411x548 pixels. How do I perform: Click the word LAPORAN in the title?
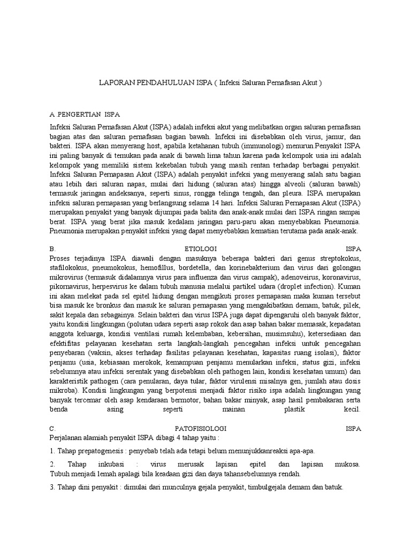pos(116,83)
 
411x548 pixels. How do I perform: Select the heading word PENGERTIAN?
pos(80,115)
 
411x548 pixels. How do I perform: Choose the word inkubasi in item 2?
pos(108,463)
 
